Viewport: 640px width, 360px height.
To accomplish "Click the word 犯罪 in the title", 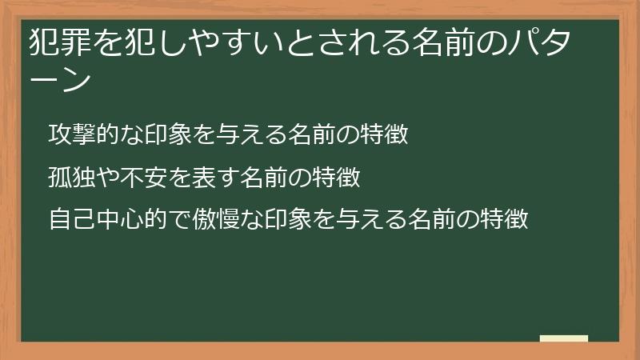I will (x=54, y=42).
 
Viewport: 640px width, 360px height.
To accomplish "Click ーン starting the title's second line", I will (x=56, y=79).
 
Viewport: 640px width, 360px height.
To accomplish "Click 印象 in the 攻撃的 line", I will (x=157, y=134).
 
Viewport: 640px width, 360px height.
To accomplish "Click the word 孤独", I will (x=68, y=176).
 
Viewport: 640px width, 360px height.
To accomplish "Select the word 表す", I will (x=212, y=176).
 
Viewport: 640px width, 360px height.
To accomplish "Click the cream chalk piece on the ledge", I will (x=564, y=338).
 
